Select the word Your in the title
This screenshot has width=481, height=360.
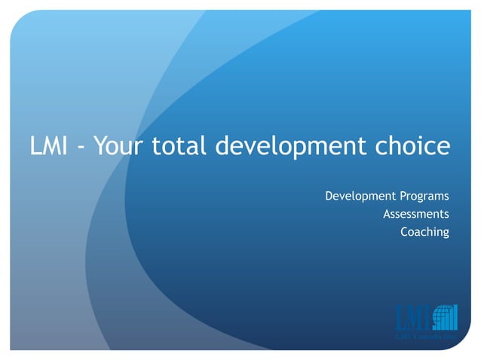119,146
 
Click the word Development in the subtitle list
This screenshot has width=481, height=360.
357,197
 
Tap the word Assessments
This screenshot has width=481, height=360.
415,215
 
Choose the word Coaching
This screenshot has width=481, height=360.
424,232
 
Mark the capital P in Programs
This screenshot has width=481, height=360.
397,197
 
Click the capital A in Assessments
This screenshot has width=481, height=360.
387,215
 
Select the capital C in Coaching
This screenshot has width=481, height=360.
404,232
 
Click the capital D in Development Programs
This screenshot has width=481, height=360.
329,197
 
